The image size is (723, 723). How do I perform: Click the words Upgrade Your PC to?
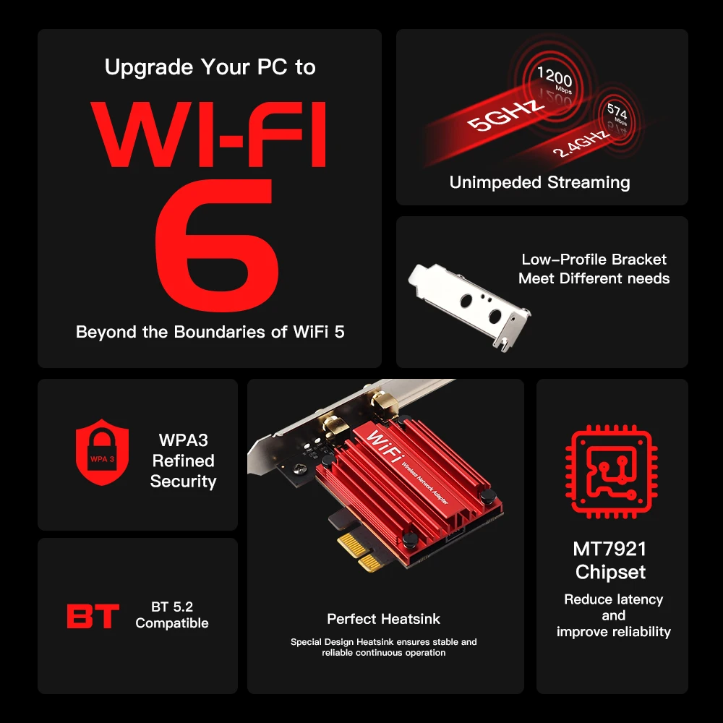(210, 67)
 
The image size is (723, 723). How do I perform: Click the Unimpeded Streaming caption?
(539, 182)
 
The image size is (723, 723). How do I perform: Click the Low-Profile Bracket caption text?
(594, 269)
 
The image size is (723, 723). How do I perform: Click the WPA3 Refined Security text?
(183, 461)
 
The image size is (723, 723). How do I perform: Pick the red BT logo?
(93, 616)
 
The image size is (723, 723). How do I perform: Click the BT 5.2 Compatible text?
(172, 615)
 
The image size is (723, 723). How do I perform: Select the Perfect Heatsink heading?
(383, 619)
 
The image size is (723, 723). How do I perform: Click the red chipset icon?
(612, 474)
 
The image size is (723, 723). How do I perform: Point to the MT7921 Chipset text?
(610, 560)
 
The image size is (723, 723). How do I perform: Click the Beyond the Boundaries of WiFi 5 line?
(210, 332)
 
